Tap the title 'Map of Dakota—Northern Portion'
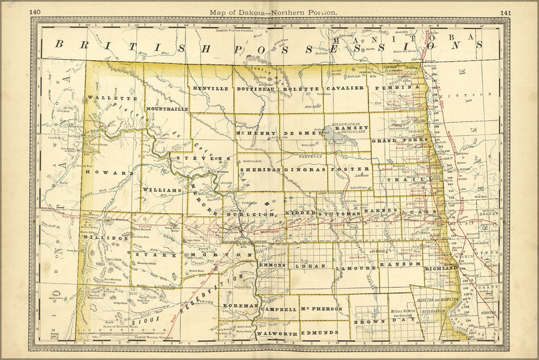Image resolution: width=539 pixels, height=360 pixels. click(x=273, y=12)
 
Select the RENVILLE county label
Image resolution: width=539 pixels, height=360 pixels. click(x=211, y=88)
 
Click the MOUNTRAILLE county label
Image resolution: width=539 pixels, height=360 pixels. click(x=166, y=109)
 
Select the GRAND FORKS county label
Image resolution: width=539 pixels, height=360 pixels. click(x=400, y=140)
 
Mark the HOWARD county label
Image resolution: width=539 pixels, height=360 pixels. click(x=109, y=173)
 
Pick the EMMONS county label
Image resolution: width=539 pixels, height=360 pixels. click(x=271, y=265)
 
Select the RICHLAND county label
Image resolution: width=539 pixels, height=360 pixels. click(x=440, y=268)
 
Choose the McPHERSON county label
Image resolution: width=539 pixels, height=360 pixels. click(x=322, y=309)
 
